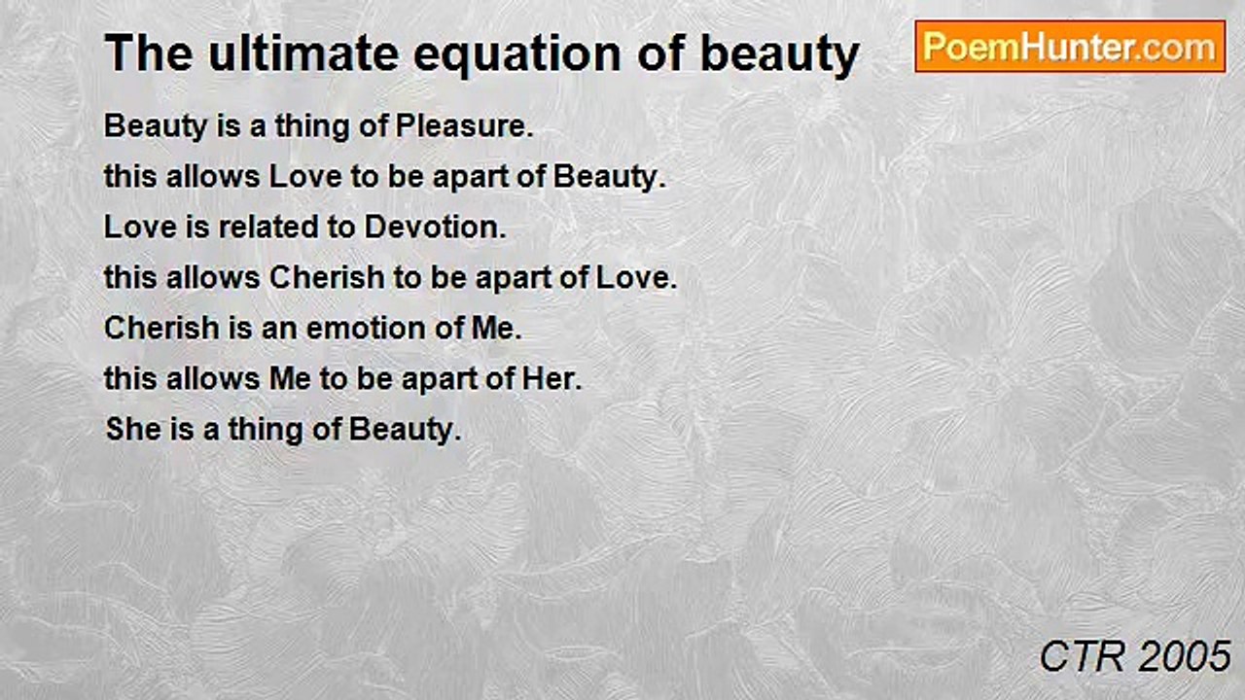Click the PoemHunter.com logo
click(1070, 47)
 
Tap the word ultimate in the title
click(303, 53)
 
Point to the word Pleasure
click(464, 126)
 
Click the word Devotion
click(435, 227)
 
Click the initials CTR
click(1083, 656)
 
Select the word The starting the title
click(149, 53)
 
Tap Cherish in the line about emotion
click(161, 329)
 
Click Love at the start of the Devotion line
click(140, 227)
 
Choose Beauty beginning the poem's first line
click(156, 127)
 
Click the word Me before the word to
click(290, 379)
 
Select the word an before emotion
click(279, 330)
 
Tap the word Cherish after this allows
click(327, 278)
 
